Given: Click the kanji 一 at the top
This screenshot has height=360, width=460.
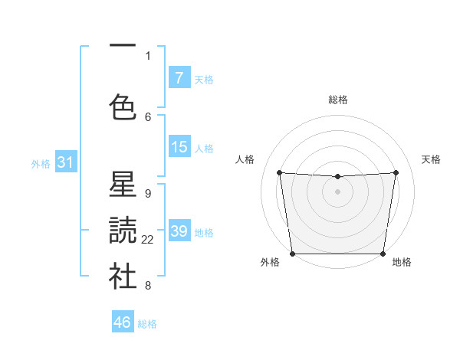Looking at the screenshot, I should click(x=123, y=48).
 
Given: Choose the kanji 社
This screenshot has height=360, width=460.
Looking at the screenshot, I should click(x=123, y=277).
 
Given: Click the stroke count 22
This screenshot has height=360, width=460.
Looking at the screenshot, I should click(x=148, y=240).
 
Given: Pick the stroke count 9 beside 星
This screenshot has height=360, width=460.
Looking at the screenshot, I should click(x=148, y=193).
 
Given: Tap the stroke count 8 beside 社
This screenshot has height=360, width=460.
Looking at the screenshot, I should click(x=148, y=286).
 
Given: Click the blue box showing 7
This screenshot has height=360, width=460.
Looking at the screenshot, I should click(x=179, y=78).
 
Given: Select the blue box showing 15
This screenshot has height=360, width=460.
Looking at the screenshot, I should click(x=179, y=147).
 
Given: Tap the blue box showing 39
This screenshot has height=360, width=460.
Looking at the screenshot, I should click(x=179, y=231).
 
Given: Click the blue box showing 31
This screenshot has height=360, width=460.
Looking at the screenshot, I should click(x=65, y=162).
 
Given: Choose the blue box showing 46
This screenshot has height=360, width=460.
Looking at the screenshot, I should click(x=123, y=322).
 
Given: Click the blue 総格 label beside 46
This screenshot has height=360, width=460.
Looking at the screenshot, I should click(x=147, y=324).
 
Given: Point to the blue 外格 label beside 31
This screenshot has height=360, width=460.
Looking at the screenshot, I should click(x=41, y=163).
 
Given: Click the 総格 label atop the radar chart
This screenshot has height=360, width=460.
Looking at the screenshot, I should click(x=337, y=100).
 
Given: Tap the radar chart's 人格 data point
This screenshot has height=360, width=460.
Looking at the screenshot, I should click(x=279, y=172).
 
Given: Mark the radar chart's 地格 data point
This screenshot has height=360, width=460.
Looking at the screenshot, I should click(x=383, y=254).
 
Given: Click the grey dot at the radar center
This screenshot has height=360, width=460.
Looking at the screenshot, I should click(x=337, y=191).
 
